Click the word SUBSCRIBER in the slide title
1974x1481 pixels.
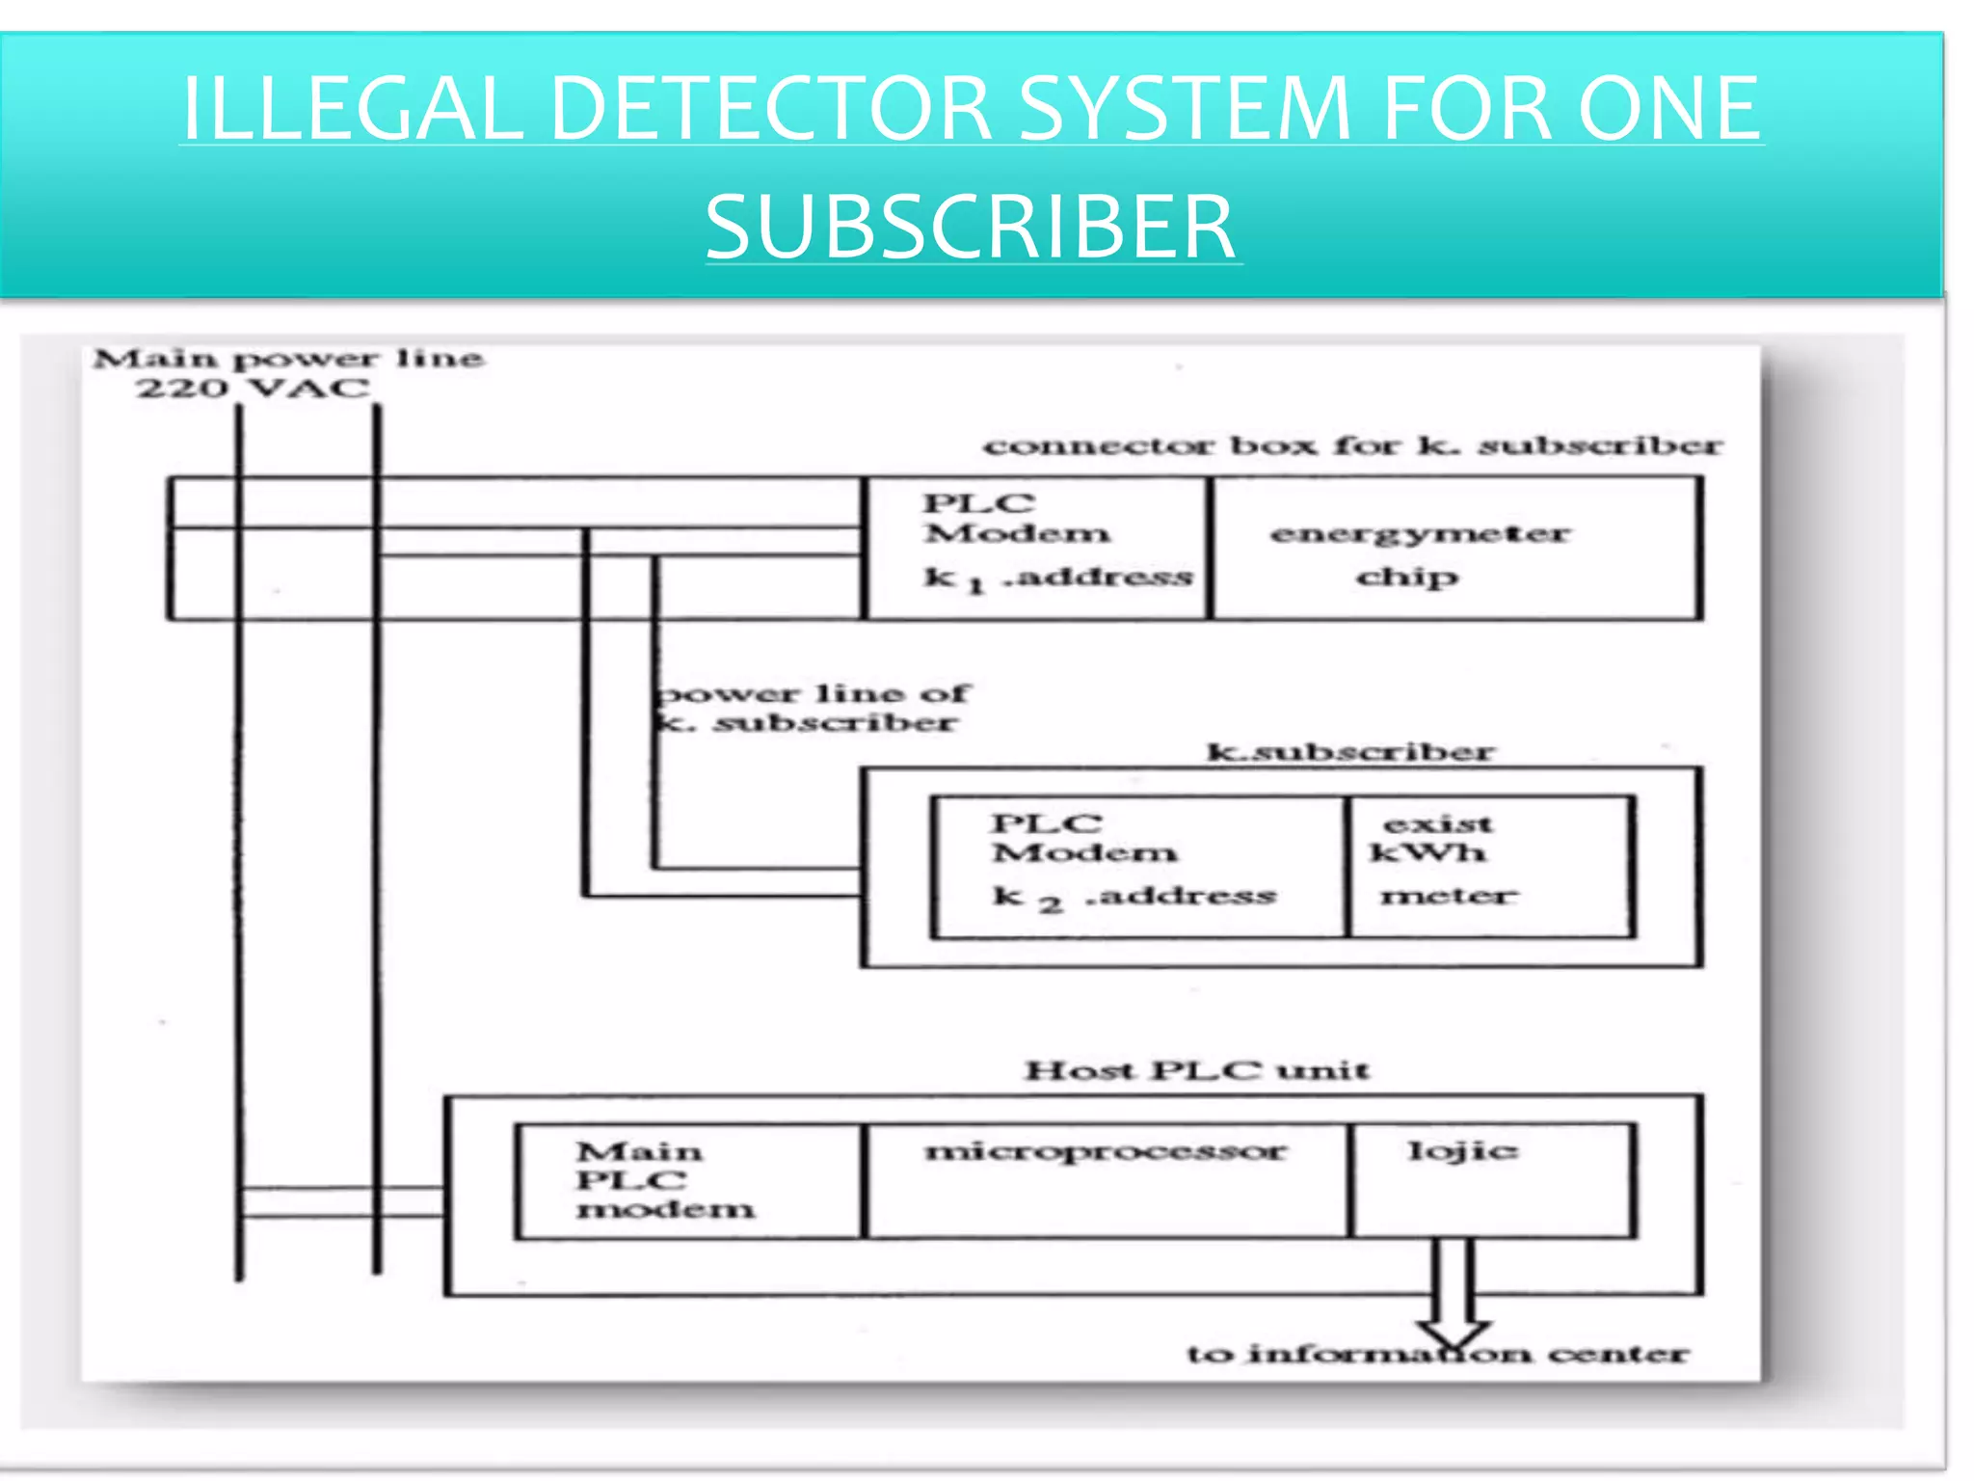pos(971,227)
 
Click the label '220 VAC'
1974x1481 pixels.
pos(253,389)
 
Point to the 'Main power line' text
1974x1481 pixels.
pos(287,359)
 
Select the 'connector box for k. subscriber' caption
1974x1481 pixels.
pos(1351,446)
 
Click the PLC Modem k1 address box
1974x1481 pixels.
pos(1037,547)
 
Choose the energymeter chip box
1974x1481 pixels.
pos(1455,547)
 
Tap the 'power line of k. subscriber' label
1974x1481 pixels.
pos(813,708)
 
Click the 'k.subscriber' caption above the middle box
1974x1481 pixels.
pos(1349,751)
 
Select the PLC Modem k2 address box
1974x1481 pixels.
pos(1137,866)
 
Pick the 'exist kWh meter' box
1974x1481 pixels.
pos(1490,866)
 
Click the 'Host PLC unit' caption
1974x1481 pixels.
pos(1196,1070)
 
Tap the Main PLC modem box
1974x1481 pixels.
pos(686,1180)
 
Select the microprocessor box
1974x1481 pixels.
pos(1106,1180)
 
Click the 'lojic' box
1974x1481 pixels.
pos(1491,1180)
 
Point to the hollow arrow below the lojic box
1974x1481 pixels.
pos(1455,1292)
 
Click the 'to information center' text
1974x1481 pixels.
pos(1436,1354)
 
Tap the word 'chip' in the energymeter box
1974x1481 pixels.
pos(1407,578)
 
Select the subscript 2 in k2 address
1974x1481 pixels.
pos(1050,904)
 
